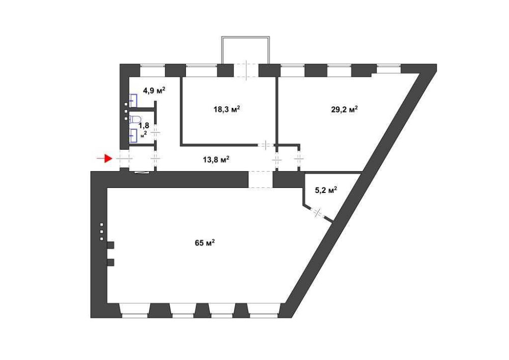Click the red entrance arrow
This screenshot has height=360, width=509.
click(104, 159)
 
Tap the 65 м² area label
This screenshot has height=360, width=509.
click(205, 243)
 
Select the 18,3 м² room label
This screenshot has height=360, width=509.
click(227, 109)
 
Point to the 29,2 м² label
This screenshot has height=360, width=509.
click(345, 109)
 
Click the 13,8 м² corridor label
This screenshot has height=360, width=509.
click(217, 159)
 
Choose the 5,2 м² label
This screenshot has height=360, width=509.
click(326, 190)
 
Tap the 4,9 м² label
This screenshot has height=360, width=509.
click(154, 91)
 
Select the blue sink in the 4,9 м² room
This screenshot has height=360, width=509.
click(134, 101)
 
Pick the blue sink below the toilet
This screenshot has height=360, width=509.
click(134, 135)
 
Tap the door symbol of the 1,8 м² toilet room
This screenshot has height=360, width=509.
click(156, 133)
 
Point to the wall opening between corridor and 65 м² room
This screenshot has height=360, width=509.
click(260, 180)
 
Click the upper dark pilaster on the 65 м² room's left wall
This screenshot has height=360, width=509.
click(110, 245)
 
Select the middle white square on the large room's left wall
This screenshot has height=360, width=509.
click(102, 232)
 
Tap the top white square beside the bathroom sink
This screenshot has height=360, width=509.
click(126, 104)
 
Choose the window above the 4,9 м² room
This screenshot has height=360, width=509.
click(153, 69)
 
